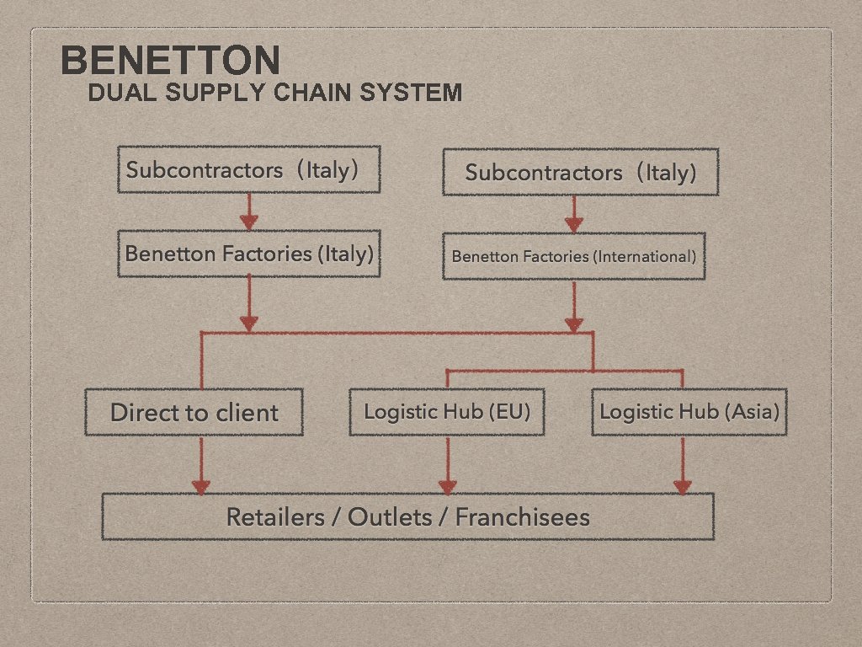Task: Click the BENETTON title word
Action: (171, 61)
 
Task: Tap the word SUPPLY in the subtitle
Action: (215, 92)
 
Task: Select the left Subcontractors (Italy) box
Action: (248, 170)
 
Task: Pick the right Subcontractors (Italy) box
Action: (580, 173)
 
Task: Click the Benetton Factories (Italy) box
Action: (248, 254)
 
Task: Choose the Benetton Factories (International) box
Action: (573, 256)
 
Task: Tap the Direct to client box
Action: (194, 412)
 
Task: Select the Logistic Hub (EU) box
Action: (447, 412)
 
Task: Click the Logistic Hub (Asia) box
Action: (689, 412)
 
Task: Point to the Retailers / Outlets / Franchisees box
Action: (407, 516)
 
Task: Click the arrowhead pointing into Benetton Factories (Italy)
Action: (248, 222)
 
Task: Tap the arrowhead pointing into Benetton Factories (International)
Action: (573, 224)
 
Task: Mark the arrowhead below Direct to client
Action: (200, 486)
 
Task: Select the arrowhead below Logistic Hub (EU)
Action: (447, 486)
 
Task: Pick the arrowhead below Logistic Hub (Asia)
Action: (682, 486)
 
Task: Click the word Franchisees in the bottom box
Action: (522, 516)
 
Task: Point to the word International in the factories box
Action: (644, 256)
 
